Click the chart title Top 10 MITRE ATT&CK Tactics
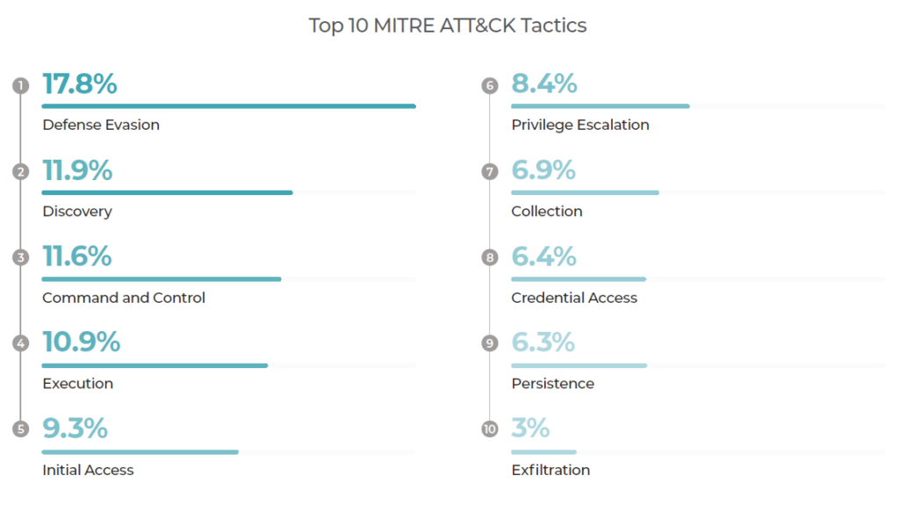[448, 25]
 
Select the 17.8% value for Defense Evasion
[79, 84]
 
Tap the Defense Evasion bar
[228, 106]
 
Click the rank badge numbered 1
[21, 86]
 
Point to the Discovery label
[77, 212]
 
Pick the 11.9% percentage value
[77, 170]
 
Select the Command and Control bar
[162, 279]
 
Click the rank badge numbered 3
[21, 257]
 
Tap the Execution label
[77, 384]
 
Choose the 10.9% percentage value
[81, 342]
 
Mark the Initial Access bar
[140, 452]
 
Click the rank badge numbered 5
[21, 429]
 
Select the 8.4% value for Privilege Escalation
[544, 84]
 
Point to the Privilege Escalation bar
[601, 106]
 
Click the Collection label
[547, 212]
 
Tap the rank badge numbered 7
[490, 172]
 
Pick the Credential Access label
[574, 298]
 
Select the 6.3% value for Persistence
[543, 342]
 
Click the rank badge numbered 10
[490, 429]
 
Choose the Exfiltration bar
[543, 452]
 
